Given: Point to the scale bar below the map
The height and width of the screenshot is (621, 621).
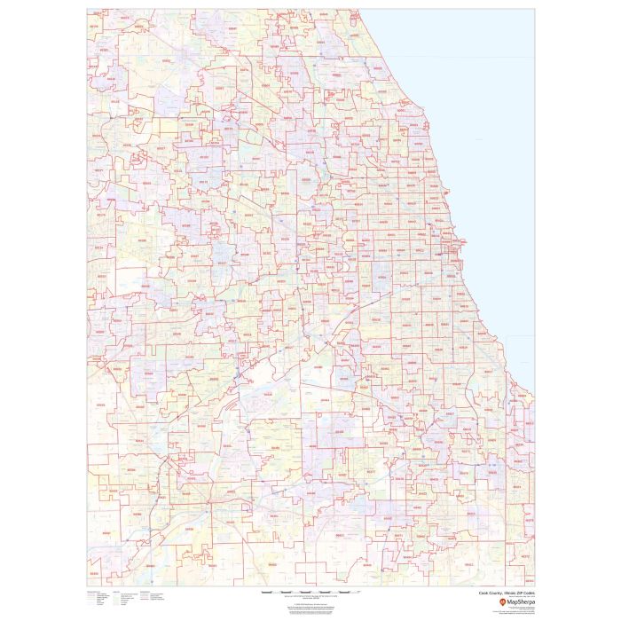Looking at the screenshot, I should click(x=310, y=592).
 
